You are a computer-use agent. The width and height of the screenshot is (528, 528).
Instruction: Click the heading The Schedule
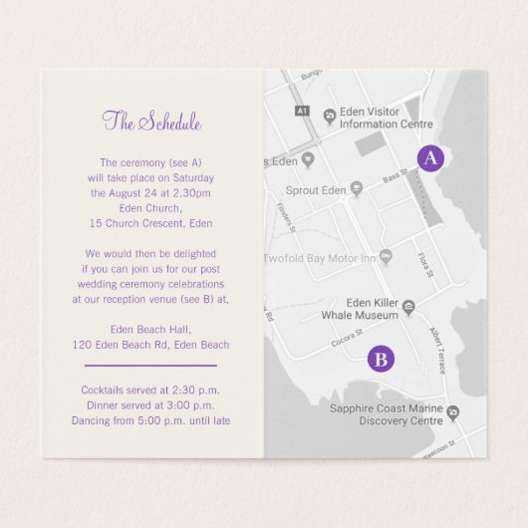(151, 123)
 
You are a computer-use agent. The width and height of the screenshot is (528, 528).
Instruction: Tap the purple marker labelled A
(430, 158)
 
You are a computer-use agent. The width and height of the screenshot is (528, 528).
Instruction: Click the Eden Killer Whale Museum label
(370, 308)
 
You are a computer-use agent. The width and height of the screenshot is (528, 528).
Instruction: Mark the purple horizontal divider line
(151, 366)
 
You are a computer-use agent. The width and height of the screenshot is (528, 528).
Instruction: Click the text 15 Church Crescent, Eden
(151, 223)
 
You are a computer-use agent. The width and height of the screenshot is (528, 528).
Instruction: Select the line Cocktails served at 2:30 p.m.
(151, 389)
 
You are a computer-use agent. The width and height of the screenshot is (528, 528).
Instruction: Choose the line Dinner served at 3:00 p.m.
(151, 404)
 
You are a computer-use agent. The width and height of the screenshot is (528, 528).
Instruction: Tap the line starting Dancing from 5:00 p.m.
(151, 420)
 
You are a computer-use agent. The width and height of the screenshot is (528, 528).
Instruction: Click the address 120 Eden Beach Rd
(151, 345)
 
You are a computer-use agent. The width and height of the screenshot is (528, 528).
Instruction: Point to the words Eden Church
(151, 208)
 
